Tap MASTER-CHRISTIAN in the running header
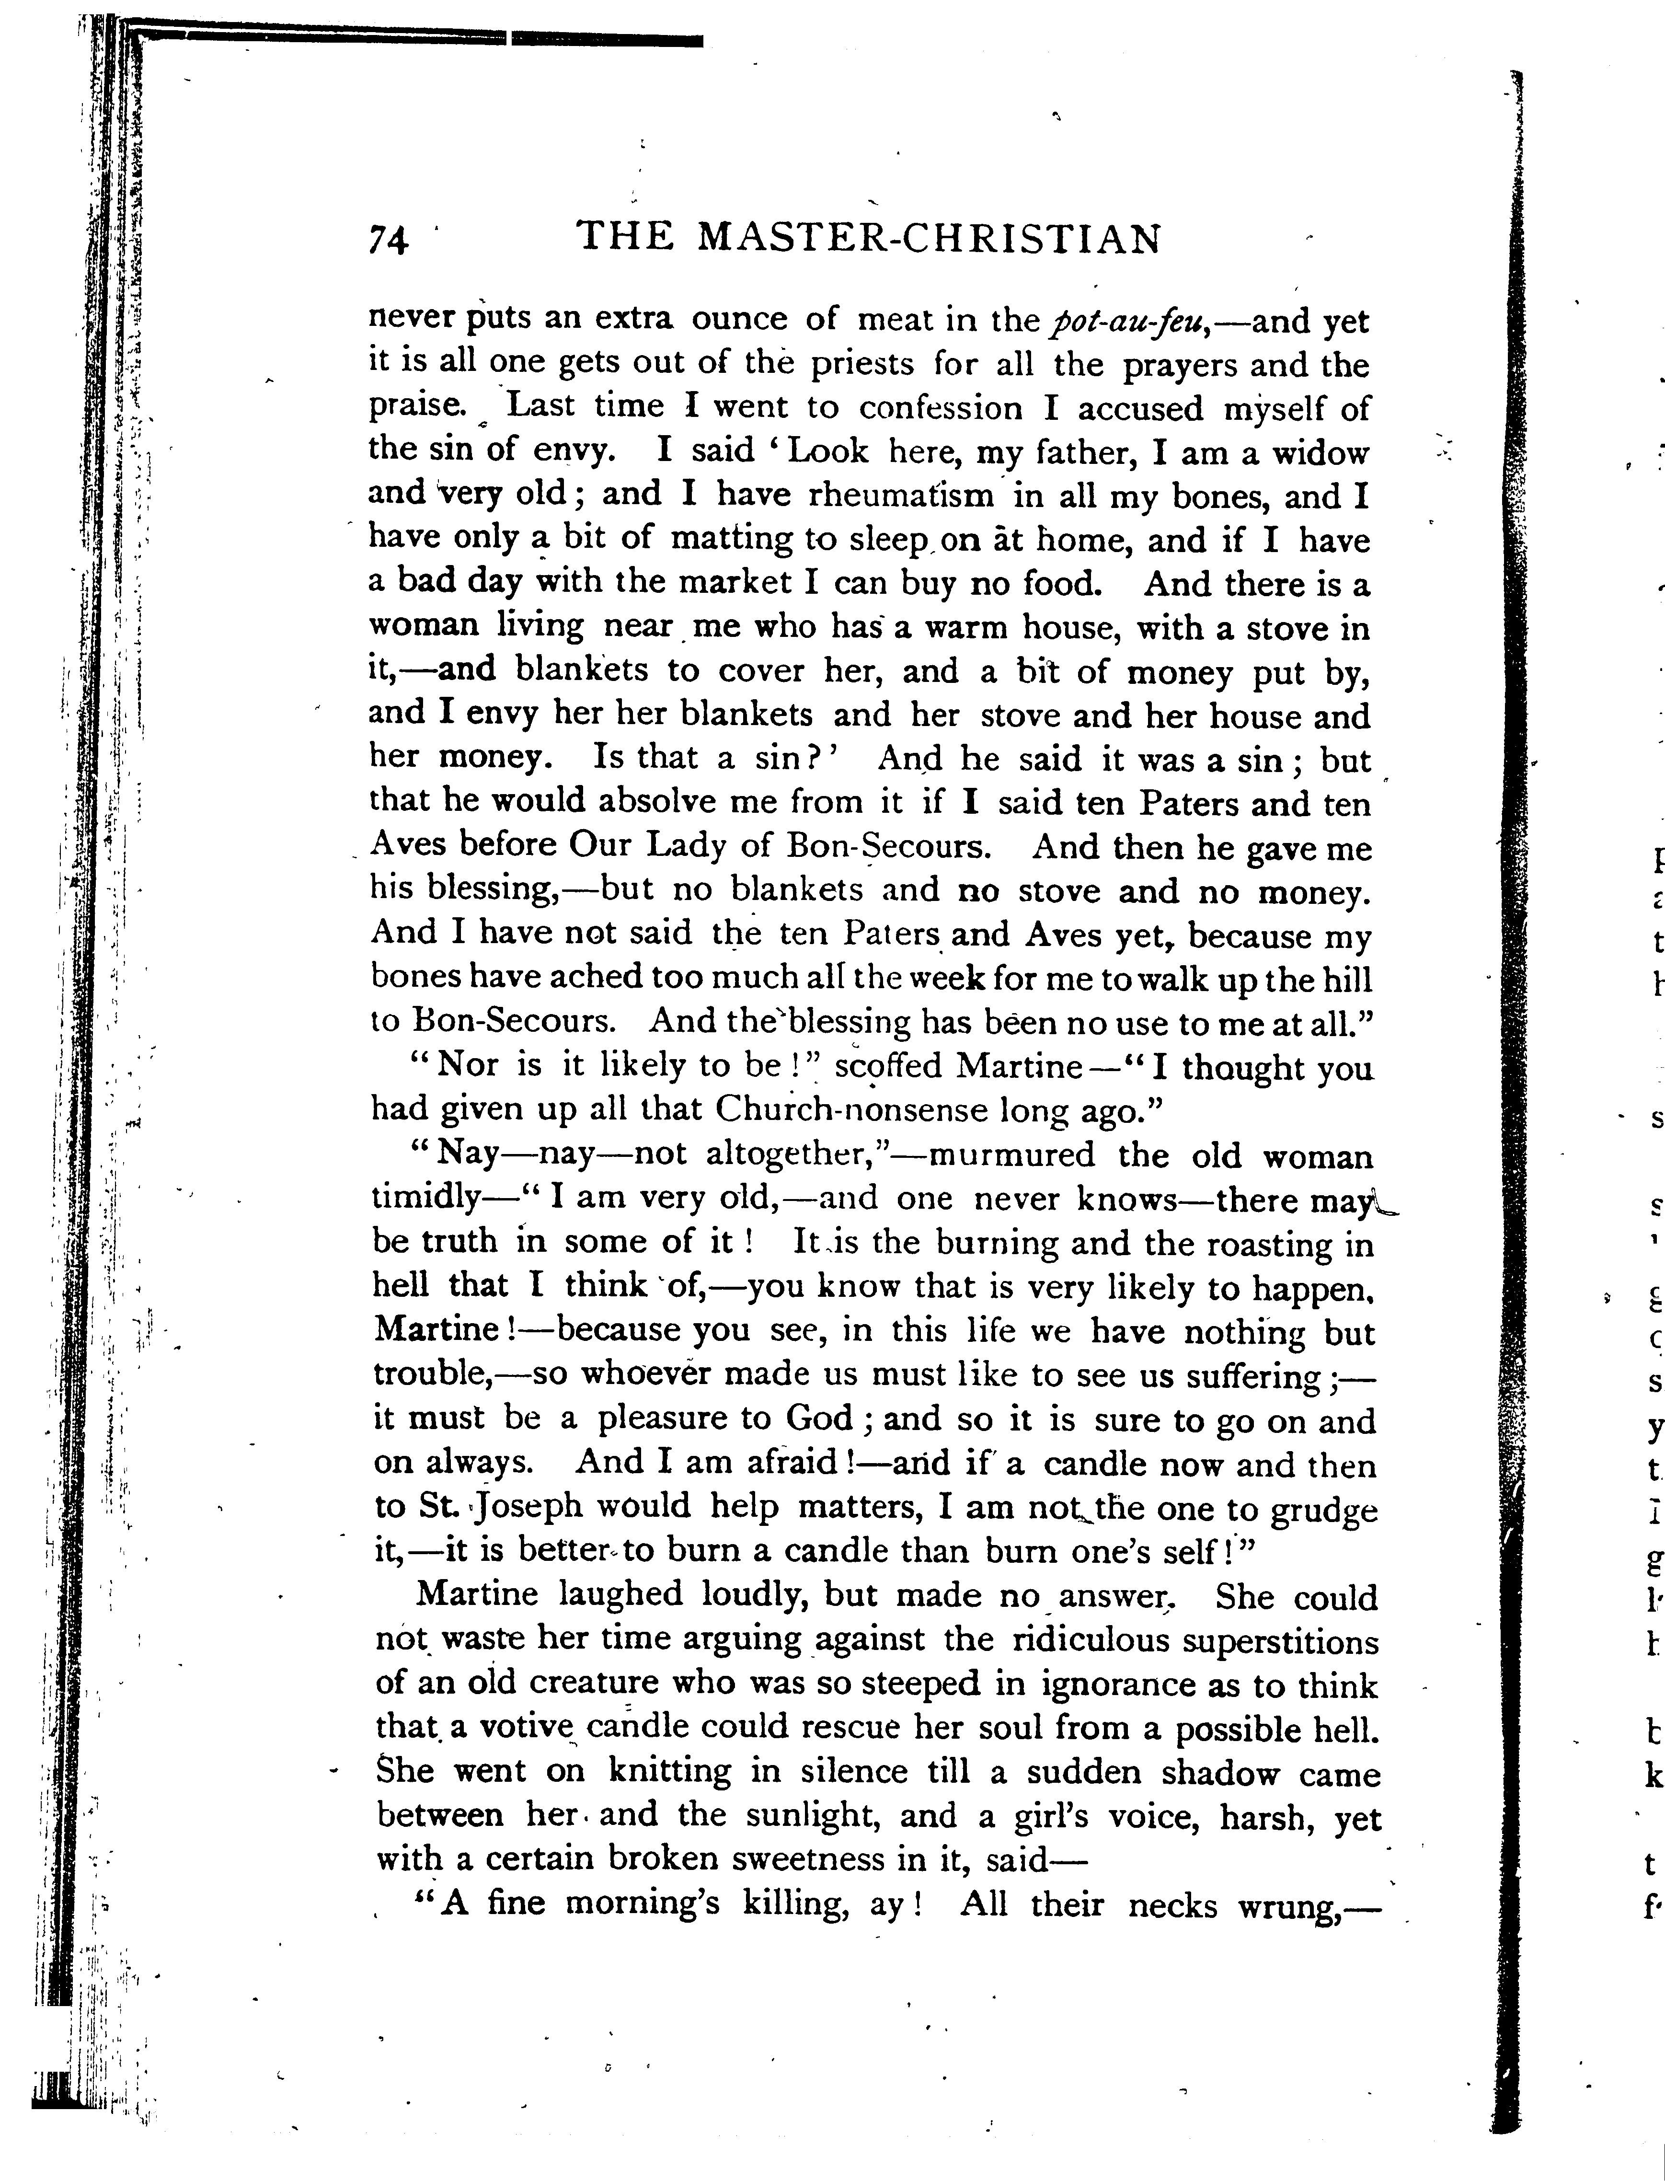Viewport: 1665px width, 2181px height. (929, 239)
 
